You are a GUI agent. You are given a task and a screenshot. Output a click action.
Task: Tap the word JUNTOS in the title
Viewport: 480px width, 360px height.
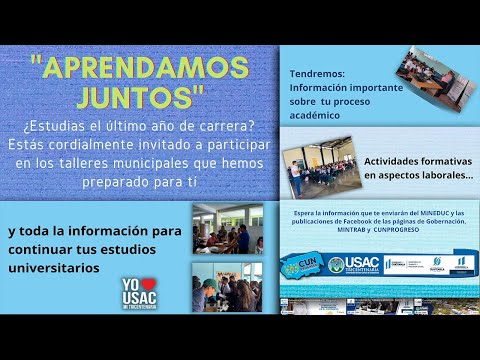point(139,97)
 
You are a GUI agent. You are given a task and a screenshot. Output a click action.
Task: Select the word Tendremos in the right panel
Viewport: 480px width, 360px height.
point(317,75)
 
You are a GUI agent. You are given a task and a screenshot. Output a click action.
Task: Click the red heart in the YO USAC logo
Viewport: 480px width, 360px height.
point(143,283)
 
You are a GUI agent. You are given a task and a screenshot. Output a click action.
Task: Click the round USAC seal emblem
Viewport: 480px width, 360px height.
point(337,265)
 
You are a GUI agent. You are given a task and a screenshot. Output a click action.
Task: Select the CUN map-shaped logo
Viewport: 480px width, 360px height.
point(298,263)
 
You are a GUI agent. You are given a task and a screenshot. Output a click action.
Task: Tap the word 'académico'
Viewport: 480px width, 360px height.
point(318,116)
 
